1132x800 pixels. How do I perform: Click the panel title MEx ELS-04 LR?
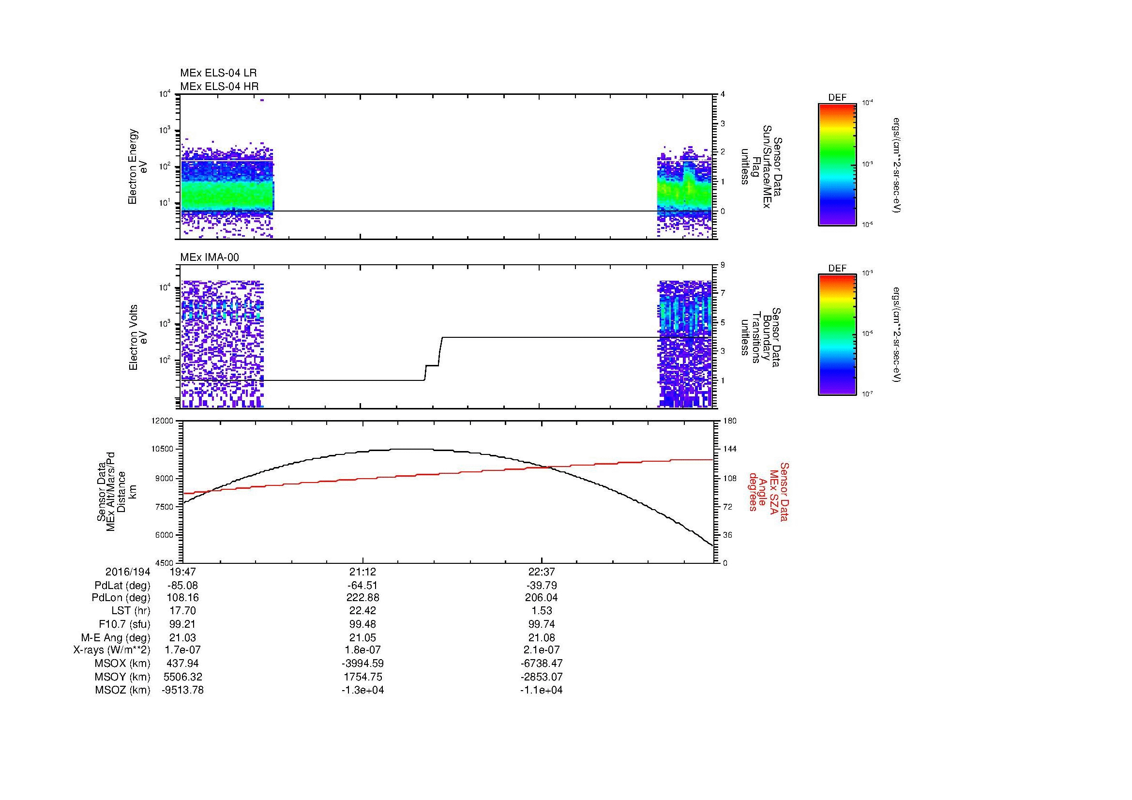[x=218, y=73]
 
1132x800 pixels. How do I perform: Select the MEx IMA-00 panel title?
[x=209, y=257]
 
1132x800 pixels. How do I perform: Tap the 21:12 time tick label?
[x=362, y=572]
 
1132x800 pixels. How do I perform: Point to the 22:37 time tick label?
[x=542, y=572]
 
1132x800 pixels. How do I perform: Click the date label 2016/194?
[x=127, y=572]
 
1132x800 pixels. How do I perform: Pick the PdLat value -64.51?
[x=362, y=586]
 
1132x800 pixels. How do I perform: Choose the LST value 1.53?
[x=542, y=611]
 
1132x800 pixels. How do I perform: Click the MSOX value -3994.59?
[x=362, y=664]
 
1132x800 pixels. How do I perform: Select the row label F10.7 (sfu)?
[x=124, y=624]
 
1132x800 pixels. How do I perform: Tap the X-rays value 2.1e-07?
[x=542, y=650]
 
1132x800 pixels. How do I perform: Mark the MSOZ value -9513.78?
[x=182, y=690]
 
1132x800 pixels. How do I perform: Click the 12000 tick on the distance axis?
[x=163, y=421]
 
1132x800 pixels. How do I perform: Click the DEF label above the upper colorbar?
[x=837, y=98]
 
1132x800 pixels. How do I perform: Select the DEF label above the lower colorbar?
[x=837, y=268]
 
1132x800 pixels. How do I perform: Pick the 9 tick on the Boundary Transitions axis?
[x=723, y=265]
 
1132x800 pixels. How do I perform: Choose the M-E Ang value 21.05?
[x=362, y=637]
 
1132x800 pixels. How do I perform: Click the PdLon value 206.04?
[x=542, y=598]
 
